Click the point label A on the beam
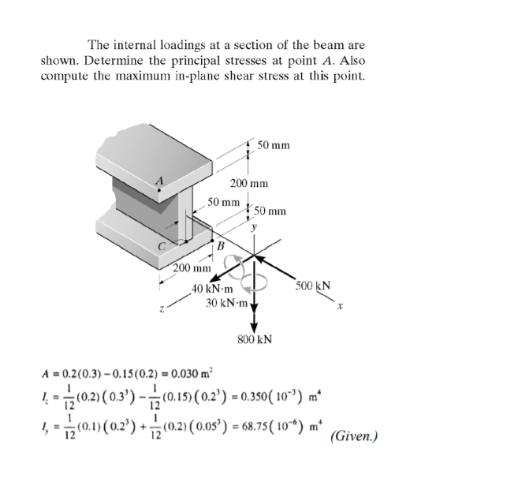pyautogui.click(x=160, y=181)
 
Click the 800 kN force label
pyautogui.click(x=255, y=340)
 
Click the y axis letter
pyautogui.click(x=254, y=228)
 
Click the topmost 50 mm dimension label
pyautogui.click(x=273, y=145)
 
